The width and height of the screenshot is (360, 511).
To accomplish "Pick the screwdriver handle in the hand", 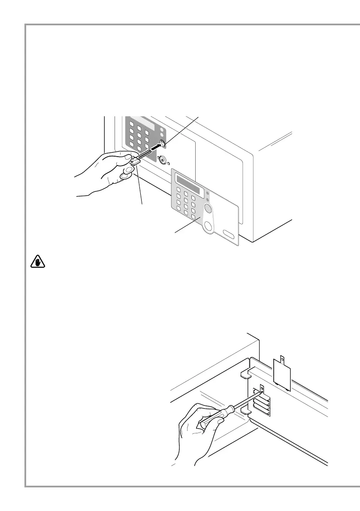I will coord(214,415).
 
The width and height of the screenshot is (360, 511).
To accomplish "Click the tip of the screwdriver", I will coord(261,391).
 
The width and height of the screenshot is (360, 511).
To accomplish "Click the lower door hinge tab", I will coord(245,411).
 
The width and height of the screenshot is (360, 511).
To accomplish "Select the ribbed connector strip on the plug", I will coord(144,154).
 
